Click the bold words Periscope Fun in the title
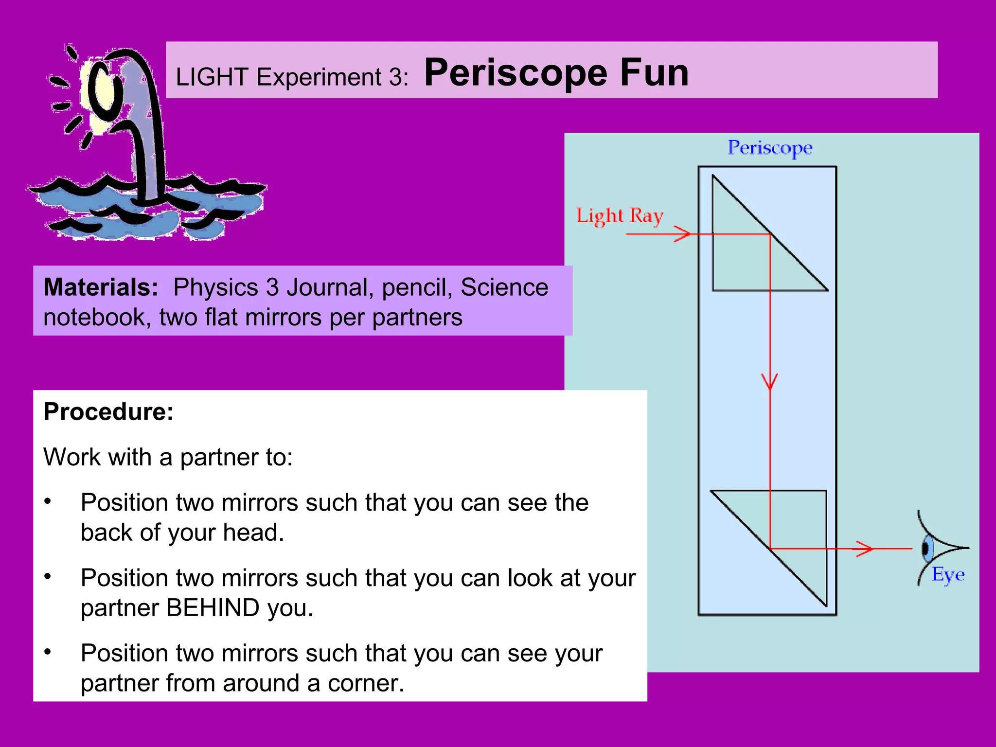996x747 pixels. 556,73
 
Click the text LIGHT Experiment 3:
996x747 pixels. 292,77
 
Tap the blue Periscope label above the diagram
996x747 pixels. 770,147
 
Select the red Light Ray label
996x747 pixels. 620,215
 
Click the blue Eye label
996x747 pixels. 948,575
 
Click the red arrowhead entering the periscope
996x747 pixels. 683,234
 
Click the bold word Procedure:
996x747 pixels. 108,412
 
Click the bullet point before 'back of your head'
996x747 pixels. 48,501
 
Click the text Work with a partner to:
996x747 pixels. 168,457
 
